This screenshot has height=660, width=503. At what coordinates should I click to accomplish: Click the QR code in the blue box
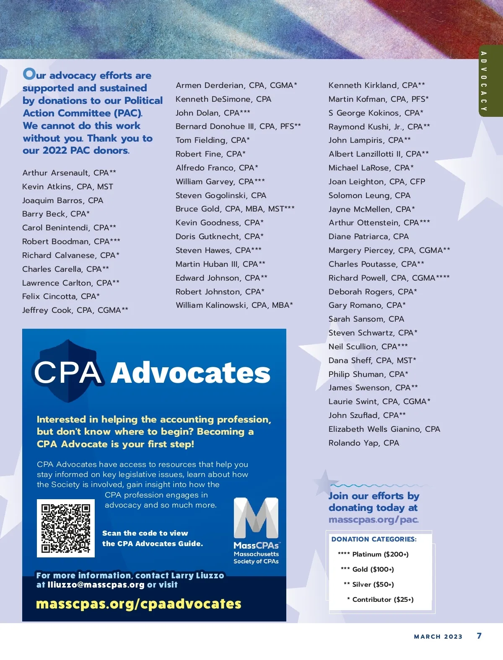click(x=66, y=528)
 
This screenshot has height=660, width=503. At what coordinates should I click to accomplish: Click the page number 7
click(x=479, y=636)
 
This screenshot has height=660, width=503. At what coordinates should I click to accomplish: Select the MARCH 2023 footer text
click(x=438, y=637)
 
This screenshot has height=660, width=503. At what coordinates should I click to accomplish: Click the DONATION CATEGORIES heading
click(x=374, y=539)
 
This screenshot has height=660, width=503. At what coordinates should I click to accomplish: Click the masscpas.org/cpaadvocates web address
click(x=139, y=604)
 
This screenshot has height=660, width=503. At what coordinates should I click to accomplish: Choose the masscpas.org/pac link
click(x=373, y=520)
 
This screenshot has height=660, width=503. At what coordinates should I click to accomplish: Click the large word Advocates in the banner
click(x=191, y=373)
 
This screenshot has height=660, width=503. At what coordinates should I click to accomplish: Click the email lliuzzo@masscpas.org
click(x=96, y=585)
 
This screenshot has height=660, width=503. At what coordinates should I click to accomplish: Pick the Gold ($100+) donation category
click(x=368, y=570)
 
